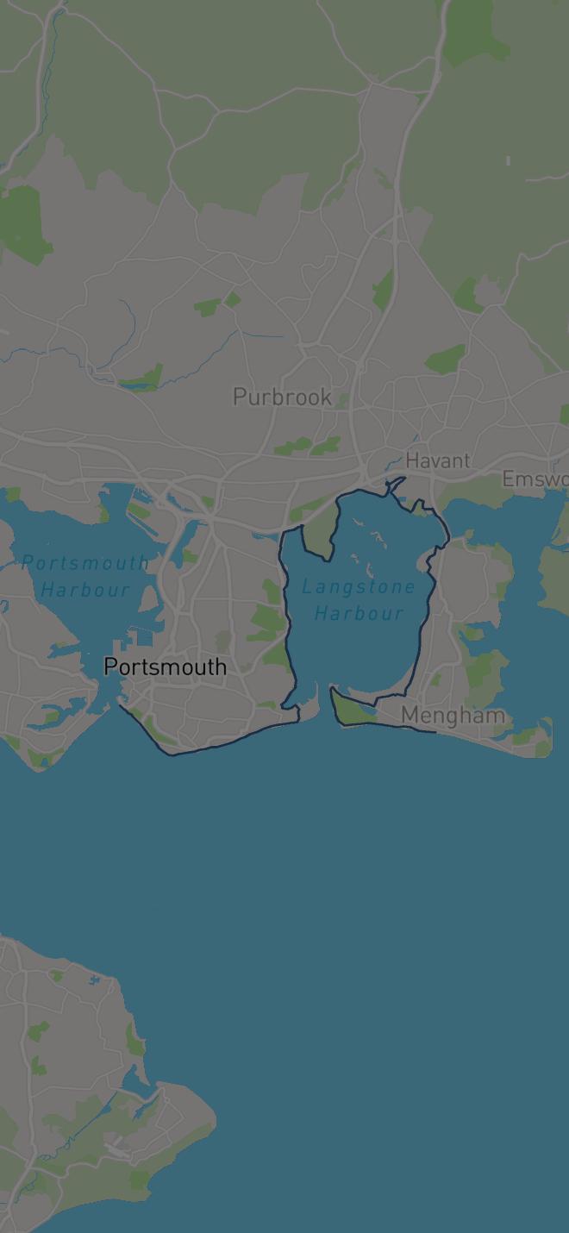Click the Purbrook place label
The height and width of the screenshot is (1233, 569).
click(282, 397)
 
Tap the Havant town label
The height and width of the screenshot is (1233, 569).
click(438, 460)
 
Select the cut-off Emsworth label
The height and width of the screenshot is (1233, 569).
click(535, 479)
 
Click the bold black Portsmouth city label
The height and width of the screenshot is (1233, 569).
click(165, 667)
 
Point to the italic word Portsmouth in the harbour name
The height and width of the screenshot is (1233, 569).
click(85, 563)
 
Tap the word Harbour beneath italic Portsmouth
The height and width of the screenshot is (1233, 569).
click(85, 590)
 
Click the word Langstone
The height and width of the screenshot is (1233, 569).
click(359, 586)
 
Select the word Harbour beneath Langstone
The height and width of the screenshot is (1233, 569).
click(359, 613)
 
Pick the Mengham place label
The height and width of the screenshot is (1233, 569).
click(453, 716)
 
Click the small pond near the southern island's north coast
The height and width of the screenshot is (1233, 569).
click(93, 981)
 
